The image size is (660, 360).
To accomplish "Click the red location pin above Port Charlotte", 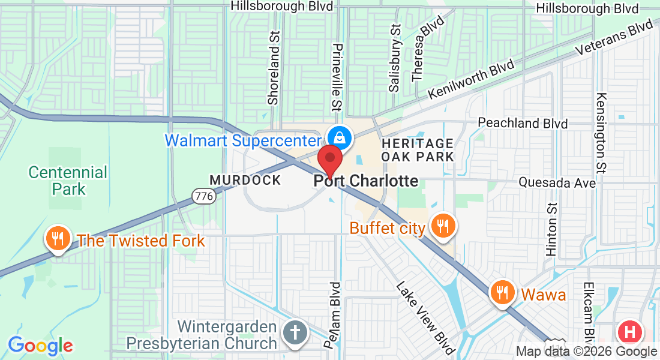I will (329, 159).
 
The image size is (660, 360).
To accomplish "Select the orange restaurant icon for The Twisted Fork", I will (58, 240).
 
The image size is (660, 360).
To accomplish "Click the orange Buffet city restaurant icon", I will (443, 226).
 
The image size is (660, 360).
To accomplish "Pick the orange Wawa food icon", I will (501, 293).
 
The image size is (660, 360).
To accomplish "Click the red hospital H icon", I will (630, 332).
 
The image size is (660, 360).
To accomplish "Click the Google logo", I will (40, 346).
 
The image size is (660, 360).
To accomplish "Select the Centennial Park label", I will (68, 181).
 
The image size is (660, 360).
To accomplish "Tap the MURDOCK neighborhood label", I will (245, 180).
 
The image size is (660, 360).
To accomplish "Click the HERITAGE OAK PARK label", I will (418, 149).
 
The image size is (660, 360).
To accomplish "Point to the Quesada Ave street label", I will (557, 182).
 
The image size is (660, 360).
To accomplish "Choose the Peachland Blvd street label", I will (523, 123).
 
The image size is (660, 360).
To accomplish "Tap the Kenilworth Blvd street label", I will (472, 79).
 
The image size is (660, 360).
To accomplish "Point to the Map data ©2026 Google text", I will (586, 352).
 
